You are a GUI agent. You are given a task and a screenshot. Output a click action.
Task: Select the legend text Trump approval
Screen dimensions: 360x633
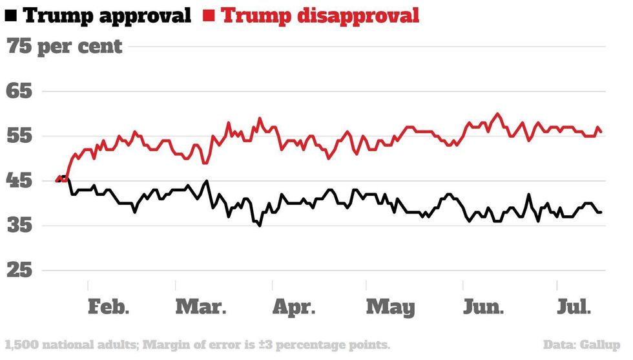pos(107,15)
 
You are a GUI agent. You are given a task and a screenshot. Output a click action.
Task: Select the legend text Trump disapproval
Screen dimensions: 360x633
pos(320,15)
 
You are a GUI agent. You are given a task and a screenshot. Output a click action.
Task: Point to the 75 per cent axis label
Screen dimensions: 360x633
pos(64,47)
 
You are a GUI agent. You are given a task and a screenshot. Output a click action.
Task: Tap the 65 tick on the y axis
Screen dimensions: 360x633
pos(19,91)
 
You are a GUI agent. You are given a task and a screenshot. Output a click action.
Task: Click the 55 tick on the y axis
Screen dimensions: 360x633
pos(19,136)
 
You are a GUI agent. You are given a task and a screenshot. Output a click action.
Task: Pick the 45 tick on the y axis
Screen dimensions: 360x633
pos(19,182)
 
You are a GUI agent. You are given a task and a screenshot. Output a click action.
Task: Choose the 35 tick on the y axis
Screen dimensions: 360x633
pos(19,226)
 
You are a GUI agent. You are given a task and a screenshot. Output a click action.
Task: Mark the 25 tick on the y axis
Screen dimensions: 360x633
pos(19,271)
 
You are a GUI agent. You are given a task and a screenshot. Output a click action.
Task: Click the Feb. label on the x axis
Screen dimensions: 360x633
pos(109,307)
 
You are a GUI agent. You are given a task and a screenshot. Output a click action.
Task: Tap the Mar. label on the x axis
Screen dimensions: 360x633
pos(201,307)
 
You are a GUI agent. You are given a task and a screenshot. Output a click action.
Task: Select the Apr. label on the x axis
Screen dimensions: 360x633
pos(293,307)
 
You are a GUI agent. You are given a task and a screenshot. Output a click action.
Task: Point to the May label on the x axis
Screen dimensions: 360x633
pos(390,307)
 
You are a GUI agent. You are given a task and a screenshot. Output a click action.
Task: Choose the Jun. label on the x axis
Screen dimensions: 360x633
pos(483,307)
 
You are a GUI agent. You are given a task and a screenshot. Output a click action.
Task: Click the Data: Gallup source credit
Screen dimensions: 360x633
pos(581,344)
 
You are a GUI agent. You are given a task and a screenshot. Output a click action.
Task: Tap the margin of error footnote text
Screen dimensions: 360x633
pos(197,344)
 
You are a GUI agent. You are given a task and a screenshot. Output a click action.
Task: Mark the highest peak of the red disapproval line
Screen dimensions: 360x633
pos(497,114)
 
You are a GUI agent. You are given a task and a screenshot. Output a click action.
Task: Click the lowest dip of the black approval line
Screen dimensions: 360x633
pos(260,226)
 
